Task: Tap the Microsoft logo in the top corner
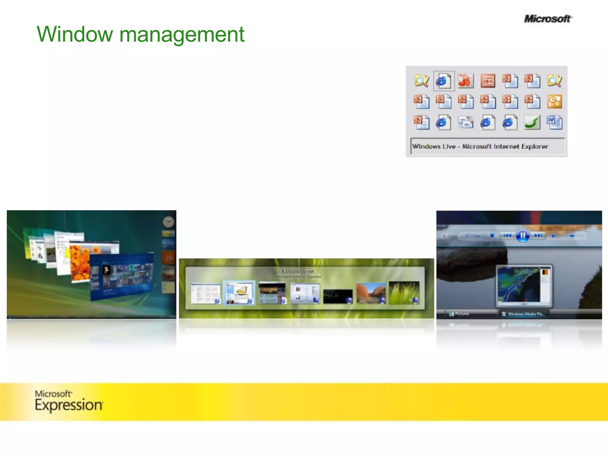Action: (x=547, y=19)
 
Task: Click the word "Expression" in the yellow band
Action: (x=69, y=405)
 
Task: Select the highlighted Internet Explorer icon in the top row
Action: (x=444, y=81)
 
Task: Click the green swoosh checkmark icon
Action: (x=532, y=122)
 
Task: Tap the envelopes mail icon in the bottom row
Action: (x=465, y=122)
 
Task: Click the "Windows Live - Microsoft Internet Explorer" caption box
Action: (x=487, y=146)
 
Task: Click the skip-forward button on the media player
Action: (x=539, y=236)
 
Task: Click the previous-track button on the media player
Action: (x=507, y=236)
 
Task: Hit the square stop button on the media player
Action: (x=492, y=236)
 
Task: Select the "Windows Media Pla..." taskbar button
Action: (x=524, y=314)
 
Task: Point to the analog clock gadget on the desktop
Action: (x=168, y=222)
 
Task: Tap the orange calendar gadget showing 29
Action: (x=168, y=258)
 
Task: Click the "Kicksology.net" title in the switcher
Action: (x=298, y=271)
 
